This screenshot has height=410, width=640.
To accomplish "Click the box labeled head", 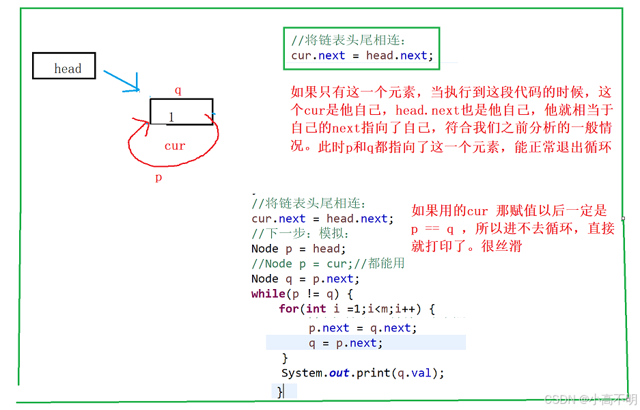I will (64, 66).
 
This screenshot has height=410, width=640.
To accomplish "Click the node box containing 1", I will (181, 112).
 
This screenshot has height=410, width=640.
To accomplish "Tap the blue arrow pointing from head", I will (123, 80).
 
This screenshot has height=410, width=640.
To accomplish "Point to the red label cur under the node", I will (175, 146).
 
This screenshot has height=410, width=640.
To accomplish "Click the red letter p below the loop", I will (158, 177).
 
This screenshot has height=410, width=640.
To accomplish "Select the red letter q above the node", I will (178, 90).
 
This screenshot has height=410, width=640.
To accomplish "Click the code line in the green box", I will (362, 55).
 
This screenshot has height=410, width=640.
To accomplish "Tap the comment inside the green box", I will (352, 40).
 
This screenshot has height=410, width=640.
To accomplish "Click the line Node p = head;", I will (298, 249).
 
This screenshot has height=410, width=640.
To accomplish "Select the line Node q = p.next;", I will (302, 279).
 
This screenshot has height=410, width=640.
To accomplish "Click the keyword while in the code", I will (268, 294).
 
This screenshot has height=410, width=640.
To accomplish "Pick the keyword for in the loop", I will (288, 309).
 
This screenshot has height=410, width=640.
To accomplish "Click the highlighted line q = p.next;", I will (346, 343).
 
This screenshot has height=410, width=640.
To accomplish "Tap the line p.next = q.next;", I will (362, 328).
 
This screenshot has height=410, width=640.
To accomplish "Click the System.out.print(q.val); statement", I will (363, 373).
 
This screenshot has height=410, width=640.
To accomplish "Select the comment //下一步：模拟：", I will (301, 234).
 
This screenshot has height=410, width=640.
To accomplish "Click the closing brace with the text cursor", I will (279, 391).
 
